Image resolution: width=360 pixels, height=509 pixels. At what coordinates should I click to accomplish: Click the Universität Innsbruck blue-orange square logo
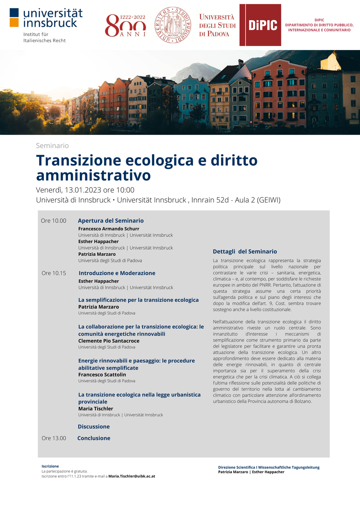click(x=14, y=18)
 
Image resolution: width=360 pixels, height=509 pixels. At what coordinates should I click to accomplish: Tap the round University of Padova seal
click(x=173, y=25)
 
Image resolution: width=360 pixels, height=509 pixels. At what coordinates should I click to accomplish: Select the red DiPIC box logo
click(x=260, y=25)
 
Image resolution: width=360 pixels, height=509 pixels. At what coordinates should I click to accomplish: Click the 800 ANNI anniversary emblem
click(x=126, y=25)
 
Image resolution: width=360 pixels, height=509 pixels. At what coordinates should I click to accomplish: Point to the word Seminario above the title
click(x=52, y=145)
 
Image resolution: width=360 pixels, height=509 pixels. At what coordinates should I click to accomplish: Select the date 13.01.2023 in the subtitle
click(x=83, y=190)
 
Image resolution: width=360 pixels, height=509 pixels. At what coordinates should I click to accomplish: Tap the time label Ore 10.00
click(x=53, y=221)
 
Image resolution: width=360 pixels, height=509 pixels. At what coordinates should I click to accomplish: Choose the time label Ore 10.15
click(x=54, y=273)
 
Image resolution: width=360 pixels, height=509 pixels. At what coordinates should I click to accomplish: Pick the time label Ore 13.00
click(x=54, y=438)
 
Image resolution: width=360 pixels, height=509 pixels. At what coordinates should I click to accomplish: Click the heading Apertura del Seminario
click(x=111, y=221)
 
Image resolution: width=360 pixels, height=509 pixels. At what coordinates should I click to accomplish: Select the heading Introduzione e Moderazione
click(x=117, y=273)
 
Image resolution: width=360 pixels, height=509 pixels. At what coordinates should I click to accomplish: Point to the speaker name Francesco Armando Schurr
click(x=109, y=229)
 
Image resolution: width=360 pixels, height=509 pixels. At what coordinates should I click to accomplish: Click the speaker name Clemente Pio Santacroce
click(x=109, y=341)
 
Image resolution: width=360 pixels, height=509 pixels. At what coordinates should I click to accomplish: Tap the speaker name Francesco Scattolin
click(x=102, y=375)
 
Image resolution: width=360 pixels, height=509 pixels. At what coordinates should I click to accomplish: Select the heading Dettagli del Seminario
click(x=245, y=251)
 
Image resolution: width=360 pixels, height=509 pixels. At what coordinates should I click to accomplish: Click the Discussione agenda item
click(x=94, y=427)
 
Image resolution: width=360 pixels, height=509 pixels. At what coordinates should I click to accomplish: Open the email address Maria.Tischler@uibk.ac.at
click(x=132, y=476)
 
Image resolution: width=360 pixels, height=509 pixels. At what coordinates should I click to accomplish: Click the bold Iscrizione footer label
click(x=50, y=466)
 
